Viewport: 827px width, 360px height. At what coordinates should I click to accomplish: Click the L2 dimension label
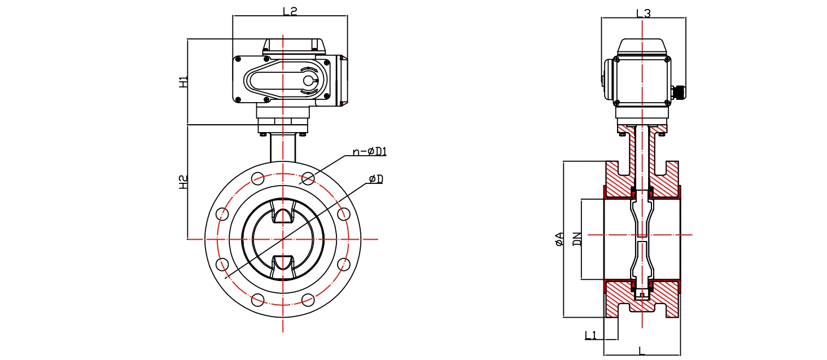pyautogui.click(x=290, y=11)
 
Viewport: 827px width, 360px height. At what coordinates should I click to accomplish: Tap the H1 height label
pyautogui.click(x=183, y=82)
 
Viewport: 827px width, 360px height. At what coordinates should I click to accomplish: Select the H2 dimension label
pyautogui.click(x=183, y=182)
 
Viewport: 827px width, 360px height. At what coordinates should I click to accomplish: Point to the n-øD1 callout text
pyautogui.click(x=369, y=151)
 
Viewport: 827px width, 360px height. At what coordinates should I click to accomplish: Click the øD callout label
pyautogui.click(x=376, y=179)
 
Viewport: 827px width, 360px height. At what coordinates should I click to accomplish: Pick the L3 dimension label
pyautogui.click(x=643, y=13)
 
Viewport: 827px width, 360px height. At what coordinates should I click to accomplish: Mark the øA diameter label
pyautogui.click(x=559, y=239)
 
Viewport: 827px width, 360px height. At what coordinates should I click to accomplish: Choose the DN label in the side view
pyautogui.click(x=576, y=239)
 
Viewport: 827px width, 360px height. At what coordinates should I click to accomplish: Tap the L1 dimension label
pyautogui.click(x=590, y=335)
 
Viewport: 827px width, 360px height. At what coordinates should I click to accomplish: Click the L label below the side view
pyautogui.click(x=641, y=350)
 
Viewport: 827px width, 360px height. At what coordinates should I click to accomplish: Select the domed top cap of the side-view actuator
pyautogui.click(x=642, y=46)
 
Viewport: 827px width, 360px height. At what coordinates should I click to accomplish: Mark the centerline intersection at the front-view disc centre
pyautogui.click(x=282, y=239)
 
